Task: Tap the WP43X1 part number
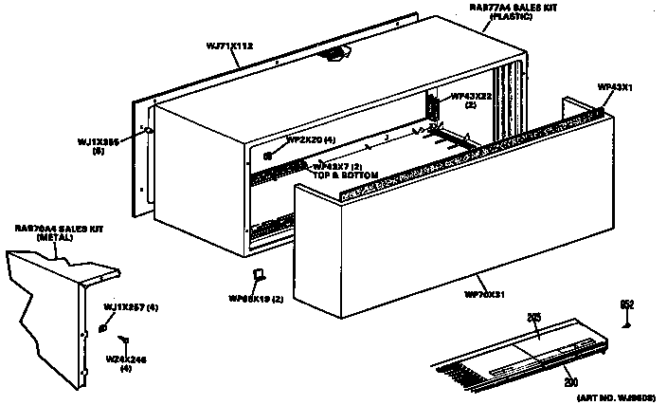[615, 87]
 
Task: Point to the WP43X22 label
[470, 96]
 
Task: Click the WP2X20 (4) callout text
[311, 140]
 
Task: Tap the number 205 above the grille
[533, 318]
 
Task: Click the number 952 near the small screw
[626, 304]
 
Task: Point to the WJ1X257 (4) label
[131, 307]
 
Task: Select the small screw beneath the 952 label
[626, 322]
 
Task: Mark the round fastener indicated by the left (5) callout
[149, 131]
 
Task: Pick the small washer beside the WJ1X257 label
[102, 328]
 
